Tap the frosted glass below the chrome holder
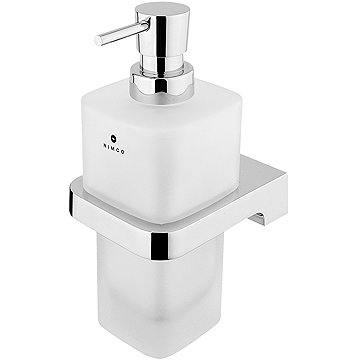pos(170,290)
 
